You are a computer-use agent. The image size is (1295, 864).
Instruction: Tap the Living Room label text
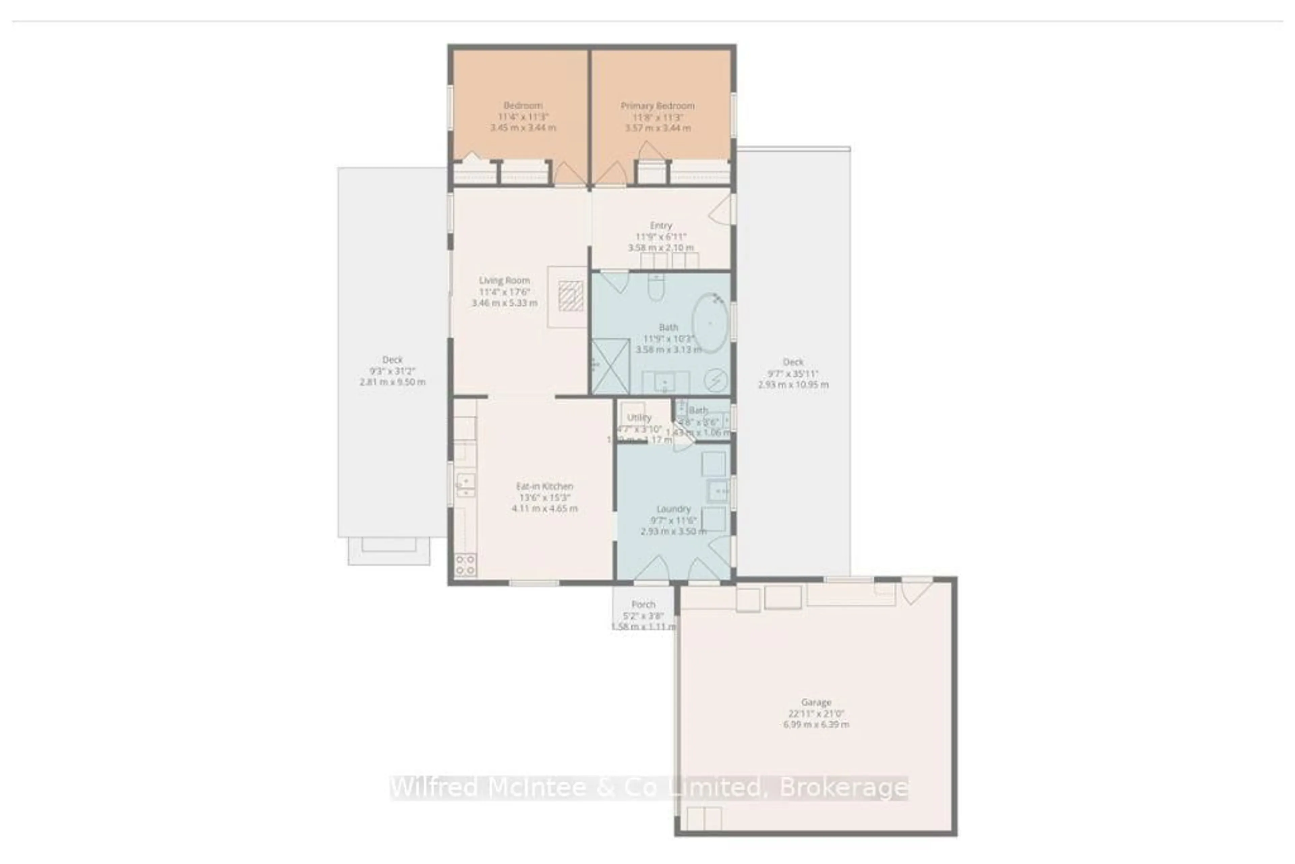[504, 280]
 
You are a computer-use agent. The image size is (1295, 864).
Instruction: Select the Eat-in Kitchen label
[544, 486]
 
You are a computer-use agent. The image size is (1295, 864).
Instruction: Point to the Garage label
[816, 702]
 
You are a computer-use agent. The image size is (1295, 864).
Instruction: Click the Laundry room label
[673, 509]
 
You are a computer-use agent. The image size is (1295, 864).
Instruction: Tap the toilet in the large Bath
[656, 286]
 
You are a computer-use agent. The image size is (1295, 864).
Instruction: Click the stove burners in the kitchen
[465, 565]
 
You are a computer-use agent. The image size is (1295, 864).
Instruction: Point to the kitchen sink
[465, 483]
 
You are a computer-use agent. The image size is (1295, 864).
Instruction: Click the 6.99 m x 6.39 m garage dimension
[816, 724]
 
